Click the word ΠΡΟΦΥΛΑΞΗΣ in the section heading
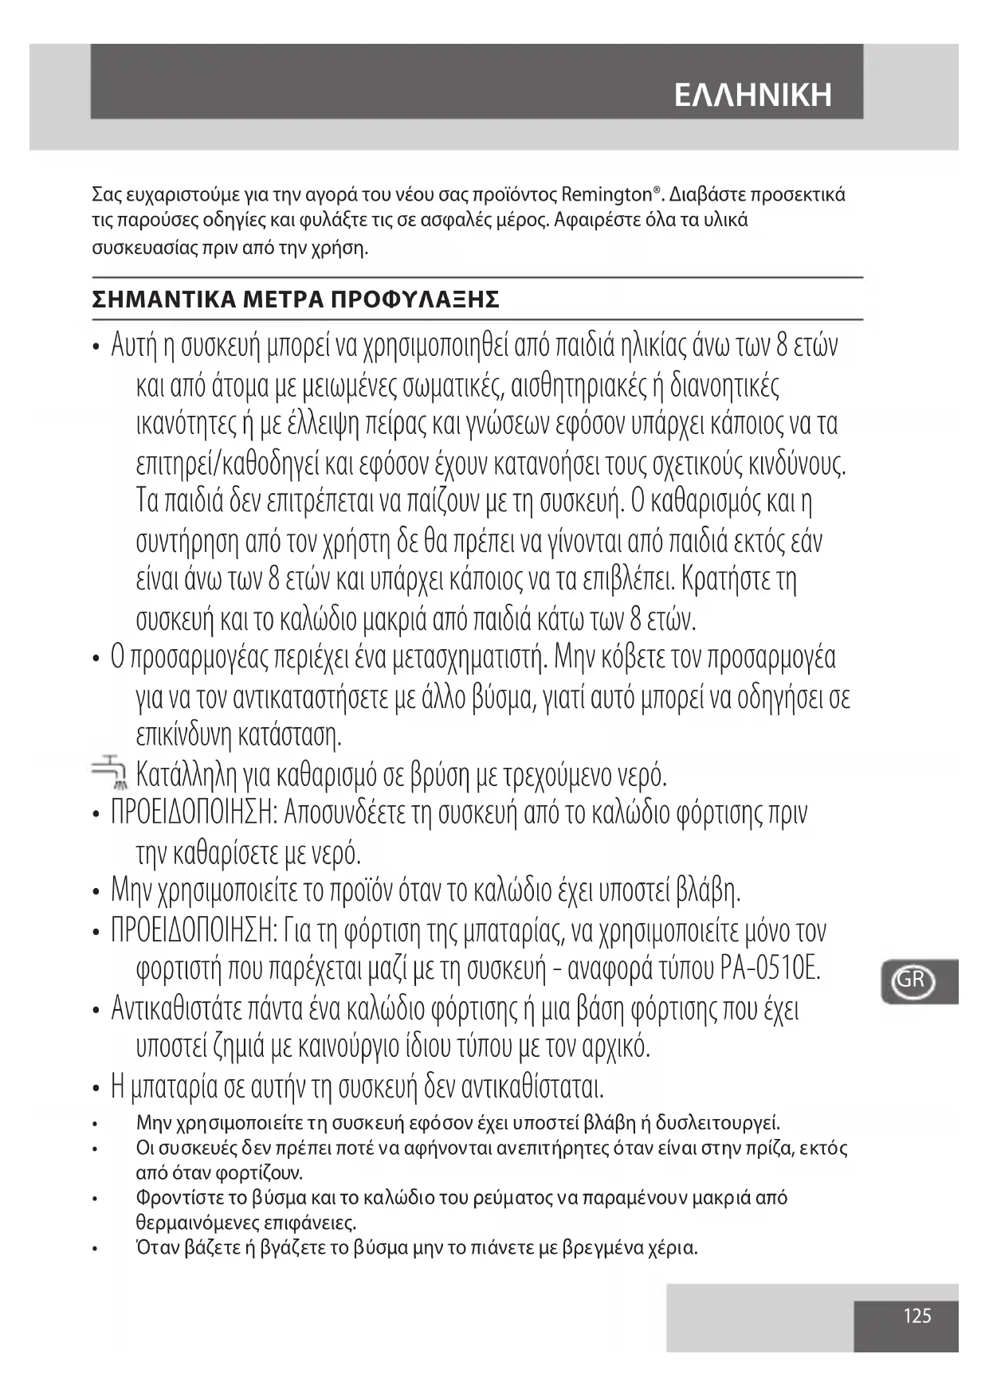(415, 300)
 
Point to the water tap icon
(106, 773)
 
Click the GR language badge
(910, 980)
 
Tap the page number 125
(917, 1316)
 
